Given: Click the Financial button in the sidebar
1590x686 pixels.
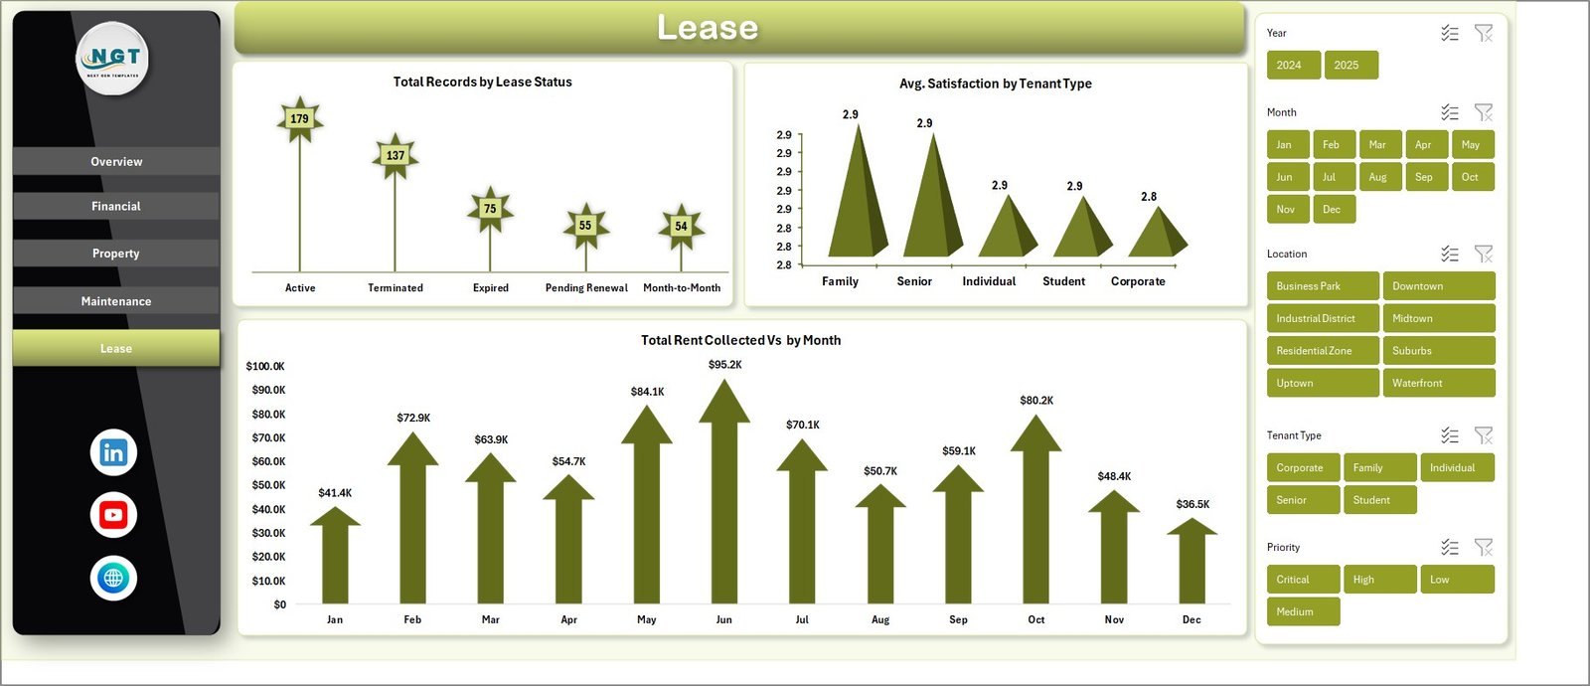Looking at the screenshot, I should point(116,206).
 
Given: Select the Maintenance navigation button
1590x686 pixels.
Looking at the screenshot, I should point(116,301).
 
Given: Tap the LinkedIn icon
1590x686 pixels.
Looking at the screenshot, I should point(113,452).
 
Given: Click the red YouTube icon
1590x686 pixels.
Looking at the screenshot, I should point(113,515).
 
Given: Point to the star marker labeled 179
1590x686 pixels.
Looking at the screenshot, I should point(299,119).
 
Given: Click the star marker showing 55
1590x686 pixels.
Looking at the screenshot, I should point(585,226).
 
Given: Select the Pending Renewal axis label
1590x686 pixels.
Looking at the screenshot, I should point(586,288).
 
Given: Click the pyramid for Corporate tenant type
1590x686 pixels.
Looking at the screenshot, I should point(1157,234).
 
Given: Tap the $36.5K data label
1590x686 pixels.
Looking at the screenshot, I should point(1192,504).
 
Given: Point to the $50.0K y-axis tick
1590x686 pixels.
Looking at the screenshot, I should point(265,485).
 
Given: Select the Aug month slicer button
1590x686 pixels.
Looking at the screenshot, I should point(1377,177).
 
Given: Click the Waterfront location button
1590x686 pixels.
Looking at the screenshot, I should point(1438,383).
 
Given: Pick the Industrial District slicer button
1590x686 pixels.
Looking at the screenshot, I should point(1322,318).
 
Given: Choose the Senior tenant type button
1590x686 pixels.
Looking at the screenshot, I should point(1303,500).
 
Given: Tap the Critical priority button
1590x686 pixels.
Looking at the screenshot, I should point(1303,580).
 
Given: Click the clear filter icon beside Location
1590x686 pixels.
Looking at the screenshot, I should point(1484,254).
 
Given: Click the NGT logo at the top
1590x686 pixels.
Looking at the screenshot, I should point(113,59).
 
